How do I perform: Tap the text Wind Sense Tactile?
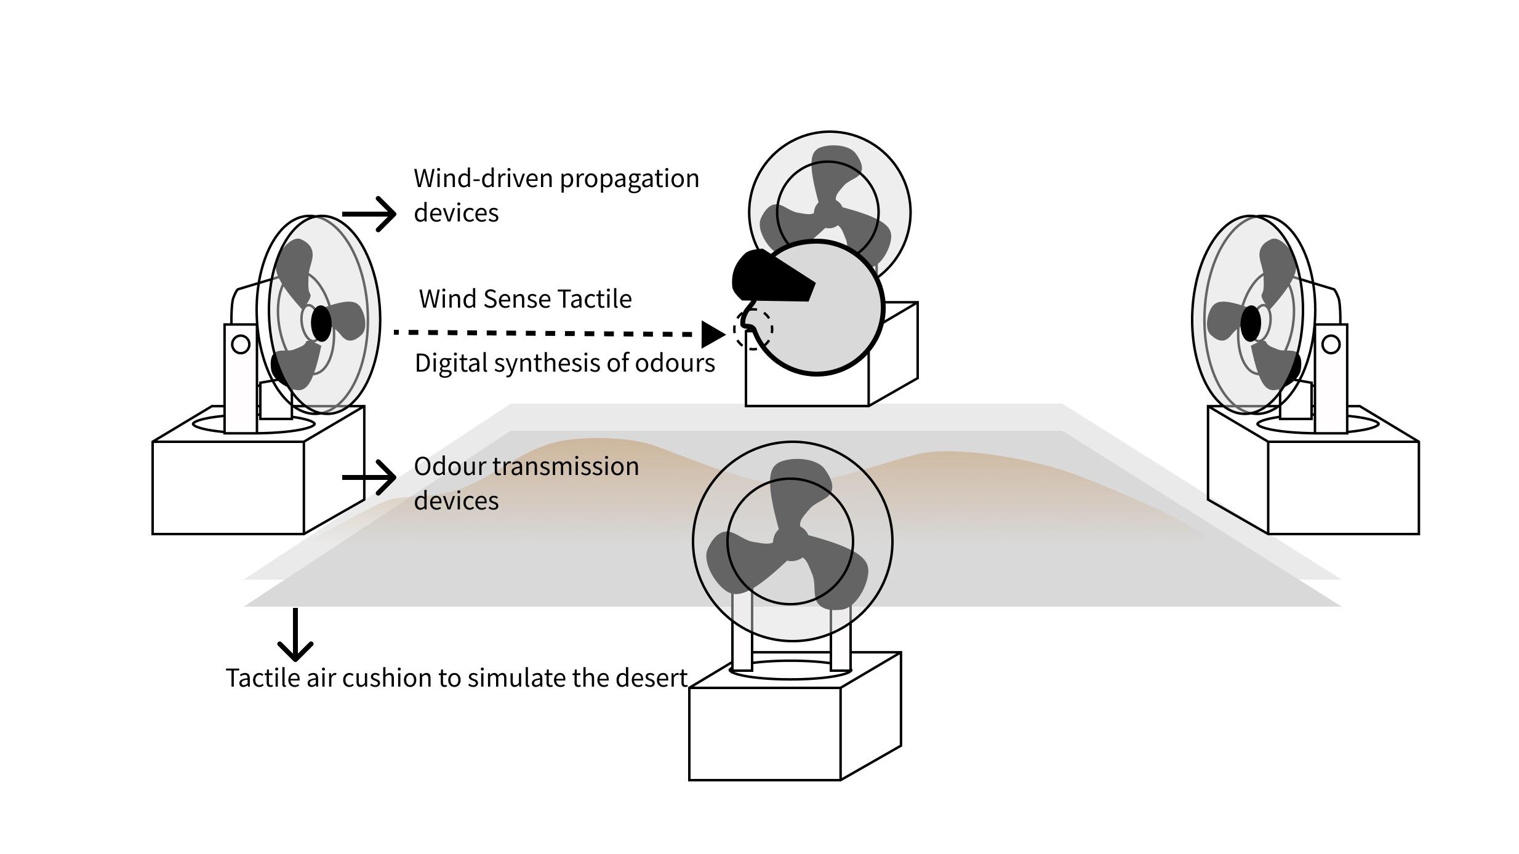pyautogui.click(x=525, y=299)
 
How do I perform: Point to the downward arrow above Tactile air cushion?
pyautogui.click(x=295, y=634)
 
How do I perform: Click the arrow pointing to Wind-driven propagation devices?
pyautogui.click(x=369, y=214)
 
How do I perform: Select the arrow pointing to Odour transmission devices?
pyautogui.click(x=369, y=477)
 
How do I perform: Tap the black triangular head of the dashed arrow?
pyautogui.click(x=713, y=334)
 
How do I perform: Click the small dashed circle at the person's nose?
pyautogui.click(x=753, y=329)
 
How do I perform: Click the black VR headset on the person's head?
pyautogui.click(x=769, y=277)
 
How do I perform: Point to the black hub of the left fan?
pyautogui.click(x=321, y=323)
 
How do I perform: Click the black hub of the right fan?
pyautogui.click(x=1250, y=323)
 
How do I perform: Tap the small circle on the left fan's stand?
pyautogui.click(x=241, y=344)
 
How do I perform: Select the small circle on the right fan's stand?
pyautogui.click(x=1331, y=344)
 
